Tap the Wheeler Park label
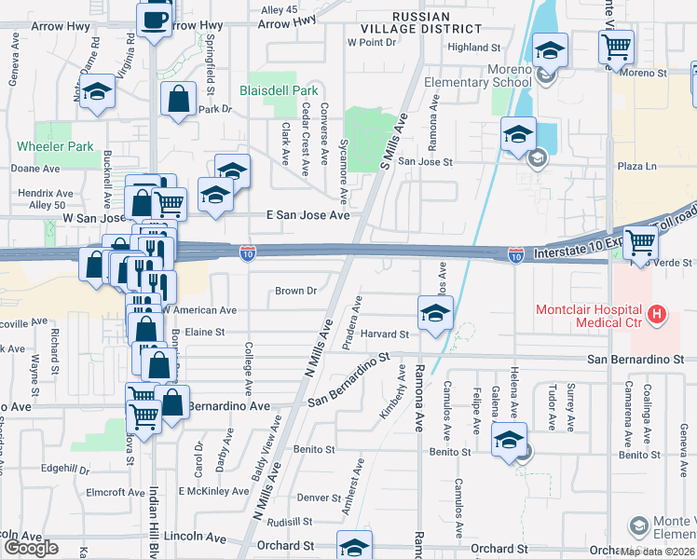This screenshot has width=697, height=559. pyautogui.click(x=55, y=146)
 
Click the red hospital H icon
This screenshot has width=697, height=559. pyautogui.click(x=659, y=314)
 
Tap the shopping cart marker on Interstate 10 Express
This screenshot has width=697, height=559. pyautogui.click(x=640, y=242)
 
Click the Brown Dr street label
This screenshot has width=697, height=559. pyautogui.click(x=295, y=291)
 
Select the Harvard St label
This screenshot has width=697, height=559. pyautogui.click(x=386, y=334)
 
